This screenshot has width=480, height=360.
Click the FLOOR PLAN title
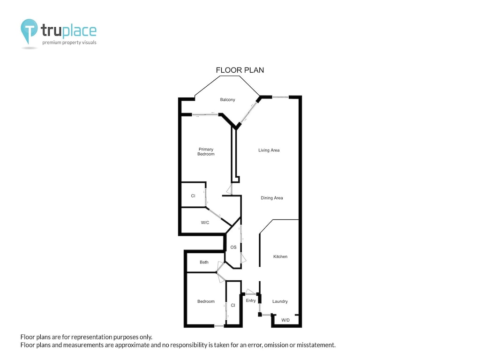pos(240,70)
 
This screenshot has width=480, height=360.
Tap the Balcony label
pos(227,100)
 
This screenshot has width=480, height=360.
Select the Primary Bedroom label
pos(206,152)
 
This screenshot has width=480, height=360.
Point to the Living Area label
pos(269,150)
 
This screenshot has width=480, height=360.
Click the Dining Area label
pos(272,198)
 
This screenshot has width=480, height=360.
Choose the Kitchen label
pos(280,257)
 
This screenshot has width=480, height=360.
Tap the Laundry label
pos(280,301)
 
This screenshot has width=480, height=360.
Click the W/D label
pos(285,320)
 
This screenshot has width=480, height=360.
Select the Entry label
pos(251,301)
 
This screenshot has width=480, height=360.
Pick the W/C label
pos(205,223)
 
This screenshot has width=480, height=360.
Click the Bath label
pos(204,262)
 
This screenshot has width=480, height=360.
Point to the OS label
pos(233,247)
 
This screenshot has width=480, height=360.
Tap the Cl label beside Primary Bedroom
pos(193,196)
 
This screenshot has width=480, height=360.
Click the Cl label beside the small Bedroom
pos(232,305)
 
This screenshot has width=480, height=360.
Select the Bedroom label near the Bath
pos(206,301)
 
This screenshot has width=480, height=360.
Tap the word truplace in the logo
pos(68,31)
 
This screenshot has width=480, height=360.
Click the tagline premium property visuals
pos(69,43)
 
